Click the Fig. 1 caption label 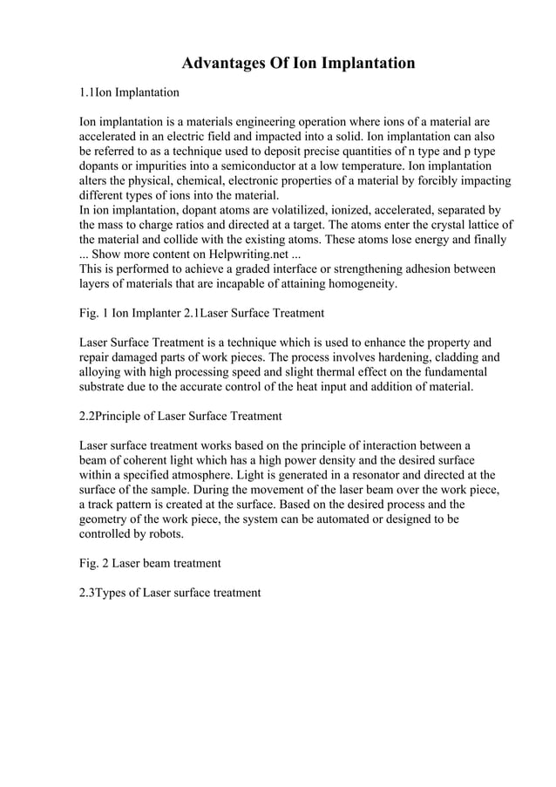[x=93, y=313]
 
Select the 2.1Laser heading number [x=218, y=313]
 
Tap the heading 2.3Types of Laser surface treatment [x=170, y=593]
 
